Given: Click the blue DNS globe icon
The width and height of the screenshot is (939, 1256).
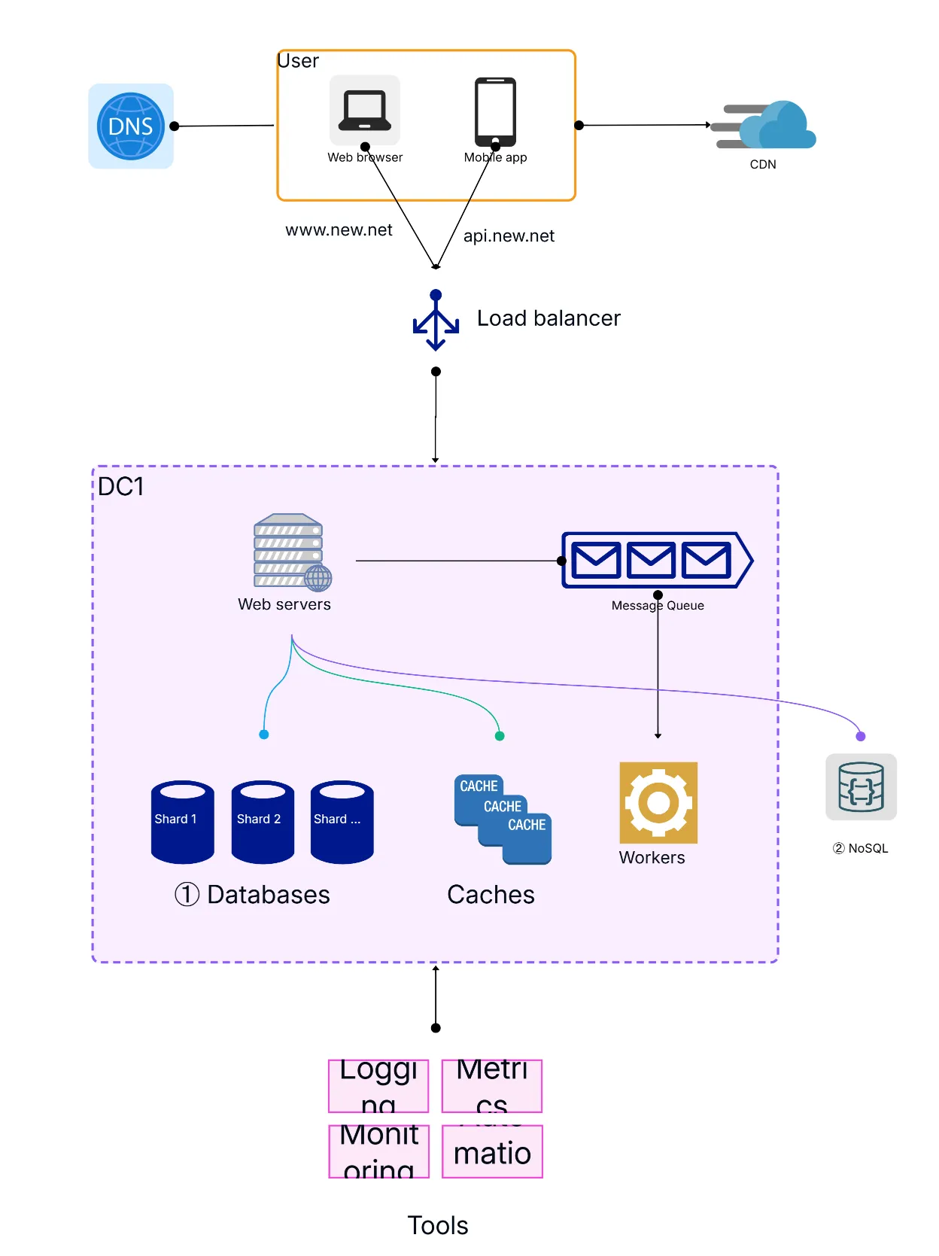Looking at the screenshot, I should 131,126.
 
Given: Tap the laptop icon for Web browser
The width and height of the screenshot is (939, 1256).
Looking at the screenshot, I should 365,110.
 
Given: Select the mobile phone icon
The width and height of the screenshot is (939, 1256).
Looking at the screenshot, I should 495,111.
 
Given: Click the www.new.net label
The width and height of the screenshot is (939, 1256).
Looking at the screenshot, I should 339,230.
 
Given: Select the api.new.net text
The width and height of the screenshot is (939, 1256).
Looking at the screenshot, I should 509,236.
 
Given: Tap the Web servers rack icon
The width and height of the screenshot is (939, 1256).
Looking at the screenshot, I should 290,552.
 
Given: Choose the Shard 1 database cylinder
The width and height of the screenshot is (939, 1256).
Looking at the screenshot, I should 182,821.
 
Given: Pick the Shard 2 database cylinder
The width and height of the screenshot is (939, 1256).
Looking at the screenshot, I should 263,821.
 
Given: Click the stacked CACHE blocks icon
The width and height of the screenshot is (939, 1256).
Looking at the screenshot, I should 503,819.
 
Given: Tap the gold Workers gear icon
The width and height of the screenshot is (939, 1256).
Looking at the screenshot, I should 658,802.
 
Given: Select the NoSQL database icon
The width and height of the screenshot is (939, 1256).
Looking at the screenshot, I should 861,787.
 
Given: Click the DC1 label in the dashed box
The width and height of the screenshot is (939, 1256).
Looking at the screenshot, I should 120,487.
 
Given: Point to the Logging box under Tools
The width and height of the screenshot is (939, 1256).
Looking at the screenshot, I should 378,1086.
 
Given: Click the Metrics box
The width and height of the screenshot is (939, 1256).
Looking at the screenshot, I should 492,1086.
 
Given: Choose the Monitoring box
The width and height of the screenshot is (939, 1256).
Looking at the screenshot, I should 378,1151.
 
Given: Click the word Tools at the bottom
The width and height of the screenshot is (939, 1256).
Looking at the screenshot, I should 438,1226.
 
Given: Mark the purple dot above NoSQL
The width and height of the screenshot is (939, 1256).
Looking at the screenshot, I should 861,736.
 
